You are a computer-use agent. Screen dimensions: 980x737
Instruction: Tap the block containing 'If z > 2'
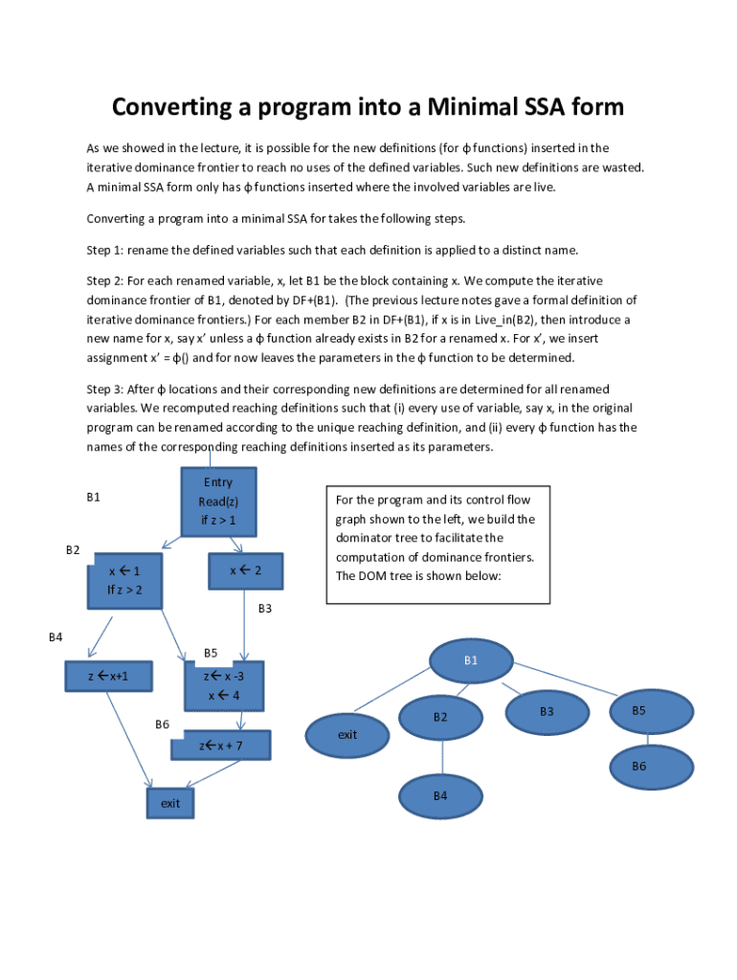124,580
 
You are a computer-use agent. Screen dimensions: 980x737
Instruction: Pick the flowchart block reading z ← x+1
107,677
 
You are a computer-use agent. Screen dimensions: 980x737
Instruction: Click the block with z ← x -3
223,685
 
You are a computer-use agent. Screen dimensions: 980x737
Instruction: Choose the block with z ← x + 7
221,745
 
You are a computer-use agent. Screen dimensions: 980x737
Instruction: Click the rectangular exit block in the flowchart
170,803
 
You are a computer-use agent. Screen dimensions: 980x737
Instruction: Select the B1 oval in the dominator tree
471,660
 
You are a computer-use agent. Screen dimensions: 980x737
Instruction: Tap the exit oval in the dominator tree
347,734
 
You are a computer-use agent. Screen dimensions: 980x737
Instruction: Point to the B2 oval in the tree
440,717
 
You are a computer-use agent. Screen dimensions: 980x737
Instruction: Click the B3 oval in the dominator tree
547,712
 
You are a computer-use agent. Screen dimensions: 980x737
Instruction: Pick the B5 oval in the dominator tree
638,711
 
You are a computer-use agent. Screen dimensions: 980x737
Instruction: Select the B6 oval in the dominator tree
638,767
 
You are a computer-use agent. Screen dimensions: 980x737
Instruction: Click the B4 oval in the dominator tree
440,795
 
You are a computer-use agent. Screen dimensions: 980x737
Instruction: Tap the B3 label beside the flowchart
265,608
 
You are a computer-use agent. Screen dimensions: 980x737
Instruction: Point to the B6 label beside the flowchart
162,724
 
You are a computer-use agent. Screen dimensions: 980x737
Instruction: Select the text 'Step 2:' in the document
105,281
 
